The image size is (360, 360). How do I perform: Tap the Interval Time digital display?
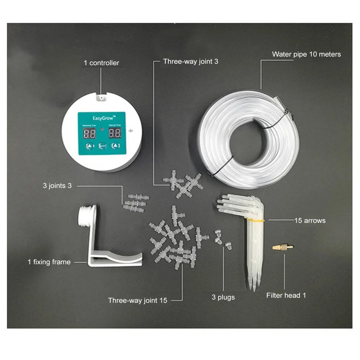click(114, 134)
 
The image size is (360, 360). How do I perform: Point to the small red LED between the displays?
click(102, 129)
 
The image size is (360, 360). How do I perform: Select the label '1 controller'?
click(101, 63)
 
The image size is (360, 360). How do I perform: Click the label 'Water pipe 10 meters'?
click(306, 54)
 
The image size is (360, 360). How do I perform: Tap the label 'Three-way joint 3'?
click(190, 61)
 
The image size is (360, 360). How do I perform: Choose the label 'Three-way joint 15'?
click(138, 300)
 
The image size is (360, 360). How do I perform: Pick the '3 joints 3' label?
click(57, 186)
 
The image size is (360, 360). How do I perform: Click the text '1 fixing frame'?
click(49, 262)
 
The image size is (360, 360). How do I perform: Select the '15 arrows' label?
click(310, 220)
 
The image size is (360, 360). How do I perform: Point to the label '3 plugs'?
click(223, 297)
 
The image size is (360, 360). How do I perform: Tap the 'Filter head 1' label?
click(286, 296)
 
